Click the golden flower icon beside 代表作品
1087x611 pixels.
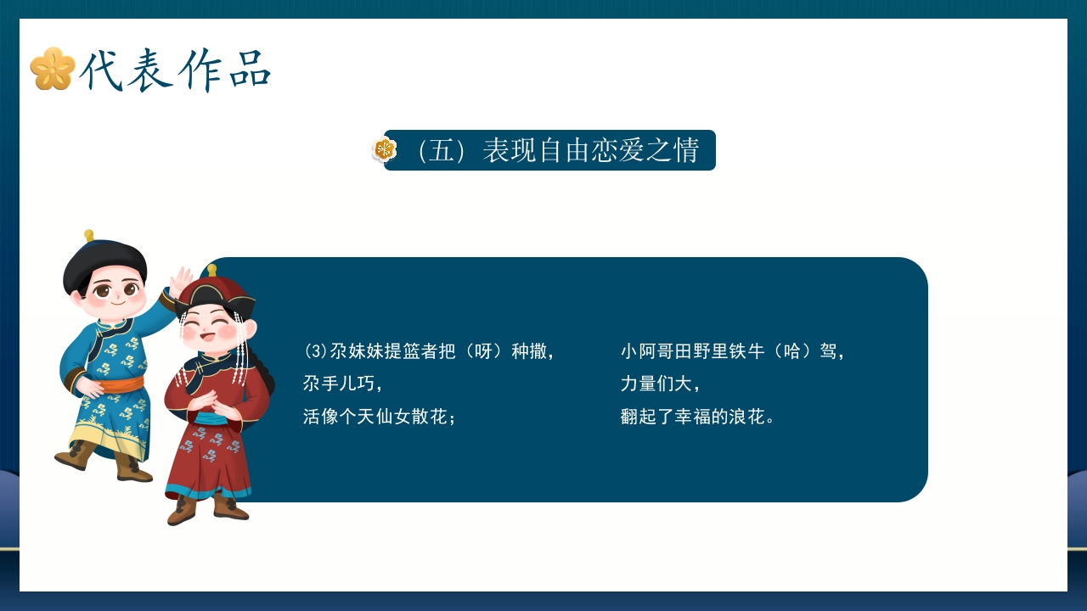pos(52,69)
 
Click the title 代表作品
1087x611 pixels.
pos(175,70)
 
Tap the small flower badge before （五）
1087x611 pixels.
pos(385,150)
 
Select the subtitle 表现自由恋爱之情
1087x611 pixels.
pos(590,150)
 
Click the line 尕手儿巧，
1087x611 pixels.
pos(343,384)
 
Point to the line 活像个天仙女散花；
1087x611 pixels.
pos(380,417)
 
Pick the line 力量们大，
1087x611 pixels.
pos(661,384)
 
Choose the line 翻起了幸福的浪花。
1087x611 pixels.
pos(697,417)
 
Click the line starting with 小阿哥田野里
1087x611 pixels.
pos(733,351)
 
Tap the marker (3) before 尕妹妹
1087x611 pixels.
pos(315,351)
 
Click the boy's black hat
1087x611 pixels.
pos(104,261)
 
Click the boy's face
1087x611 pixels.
pos(110,293)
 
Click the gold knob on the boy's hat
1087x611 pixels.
pos(88,235)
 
